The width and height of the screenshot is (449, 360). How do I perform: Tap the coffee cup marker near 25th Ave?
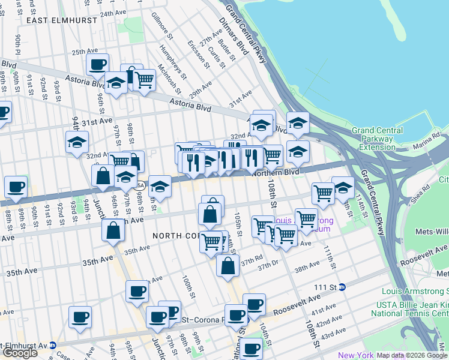(97, 64)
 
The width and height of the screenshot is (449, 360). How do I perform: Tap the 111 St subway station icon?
(342, 287)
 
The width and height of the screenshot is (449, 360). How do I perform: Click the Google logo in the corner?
(20, 352)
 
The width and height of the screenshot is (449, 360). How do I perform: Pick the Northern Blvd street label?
(275, 172)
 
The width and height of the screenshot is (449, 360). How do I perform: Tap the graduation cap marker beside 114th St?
(343, 187)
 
